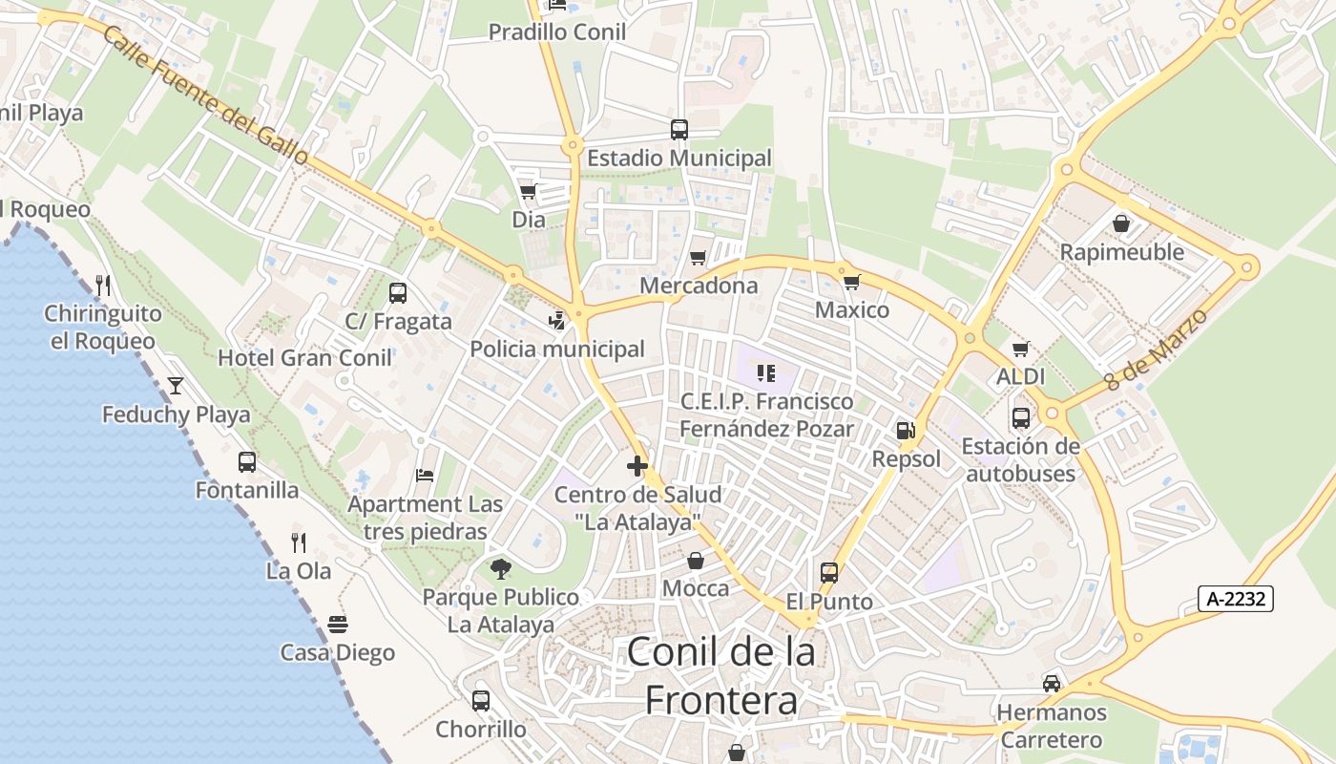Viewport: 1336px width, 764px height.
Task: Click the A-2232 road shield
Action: [x=1236, y=599]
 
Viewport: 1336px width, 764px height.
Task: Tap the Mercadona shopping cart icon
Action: [x=698, y=258]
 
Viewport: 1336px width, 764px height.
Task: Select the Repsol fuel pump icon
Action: [x=906, y=432]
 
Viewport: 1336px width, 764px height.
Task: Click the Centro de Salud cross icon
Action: [x=637, y=466]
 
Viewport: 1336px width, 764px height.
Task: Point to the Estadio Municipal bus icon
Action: [x=679, y=130]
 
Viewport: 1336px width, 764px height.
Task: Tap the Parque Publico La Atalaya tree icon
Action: [x=501, y=569]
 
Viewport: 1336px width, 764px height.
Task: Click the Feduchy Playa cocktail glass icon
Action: [x=176, y=386]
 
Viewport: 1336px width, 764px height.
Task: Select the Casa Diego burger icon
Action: [x=338, y=625]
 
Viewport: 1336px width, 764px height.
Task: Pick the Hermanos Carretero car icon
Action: [x=1052, y=684]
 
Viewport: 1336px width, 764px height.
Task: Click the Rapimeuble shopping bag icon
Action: [x=1121, y=223]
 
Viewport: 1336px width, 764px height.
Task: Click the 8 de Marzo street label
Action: [x=1157, y=348]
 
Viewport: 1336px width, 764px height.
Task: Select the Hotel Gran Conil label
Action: [x=304, y=358]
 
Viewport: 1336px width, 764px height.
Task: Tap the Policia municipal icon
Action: [x=557, y=321]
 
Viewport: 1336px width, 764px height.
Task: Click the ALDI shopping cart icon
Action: [x=1021, y=349]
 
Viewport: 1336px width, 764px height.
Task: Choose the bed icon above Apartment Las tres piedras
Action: [x=425, y=476]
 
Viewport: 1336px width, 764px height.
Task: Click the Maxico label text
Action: [x=852, y=310]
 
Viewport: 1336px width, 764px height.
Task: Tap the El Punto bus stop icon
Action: [x=829, y=573]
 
